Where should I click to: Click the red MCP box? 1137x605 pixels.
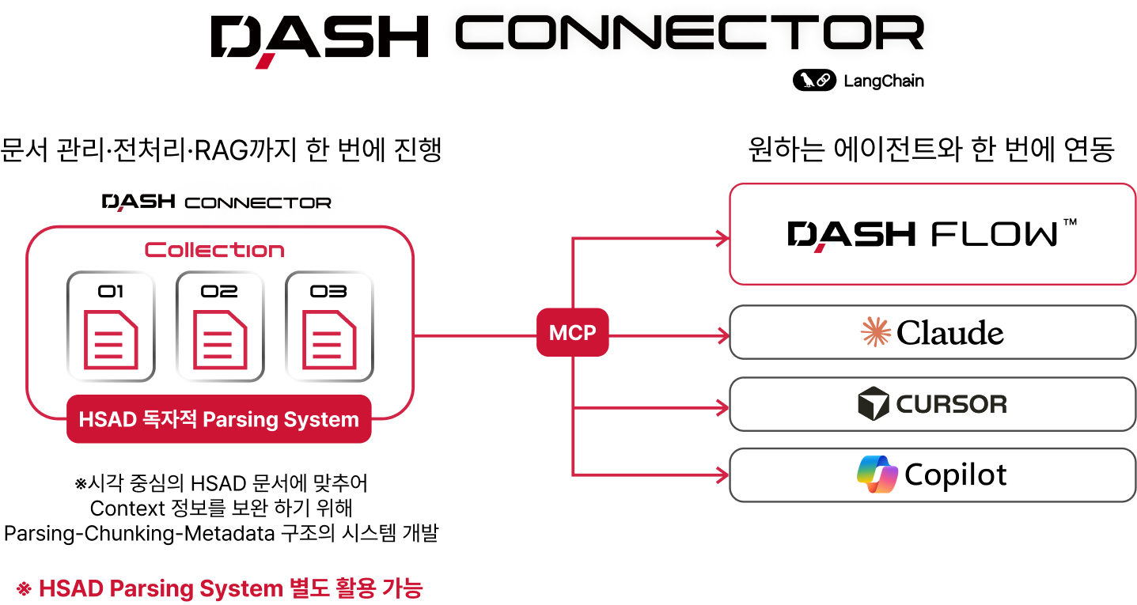click(x=572, y=332)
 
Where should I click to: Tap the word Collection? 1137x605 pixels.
click(x=214, y=251)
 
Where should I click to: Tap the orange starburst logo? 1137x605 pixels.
click(x=876, y=332)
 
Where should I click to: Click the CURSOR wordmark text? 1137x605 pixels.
click(x=951, y=405)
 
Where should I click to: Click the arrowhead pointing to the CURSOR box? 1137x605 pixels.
click(x=722, y=408)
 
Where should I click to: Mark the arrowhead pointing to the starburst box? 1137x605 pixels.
click(x=722, y=337)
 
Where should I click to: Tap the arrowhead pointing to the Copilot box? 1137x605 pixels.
click(x=722, y=475)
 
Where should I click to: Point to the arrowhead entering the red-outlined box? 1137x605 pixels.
click(x=722, y=238)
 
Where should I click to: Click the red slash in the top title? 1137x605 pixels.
click(x=267, y=60)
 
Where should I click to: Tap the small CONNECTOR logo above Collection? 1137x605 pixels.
click(x=258, y=203)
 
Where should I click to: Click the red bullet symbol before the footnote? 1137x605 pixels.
click(x=24, y=588)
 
